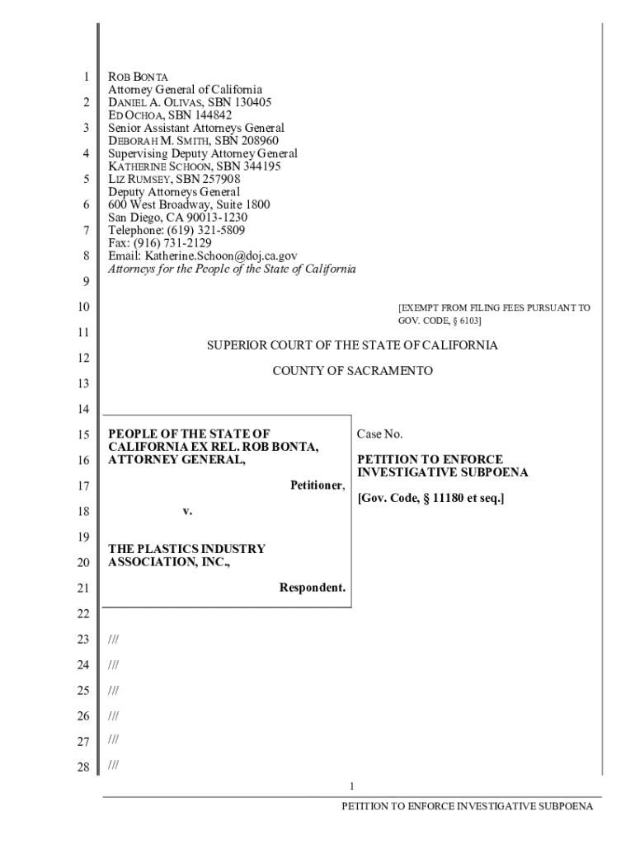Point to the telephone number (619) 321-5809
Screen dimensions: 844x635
pyautogui.click(x=204, y=230)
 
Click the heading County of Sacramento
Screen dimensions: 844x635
pyautogui.click(x=352, y=372)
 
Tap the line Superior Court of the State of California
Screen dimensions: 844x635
pyautogui.click(x=352, y=345)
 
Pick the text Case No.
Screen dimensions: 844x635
pyautogui.click(x=379, y=434)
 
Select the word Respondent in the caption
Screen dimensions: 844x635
pyautogui.click(x=311, y=588)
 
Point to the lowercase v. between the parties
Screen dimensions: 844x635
pyautogui.click(x=187, y=511)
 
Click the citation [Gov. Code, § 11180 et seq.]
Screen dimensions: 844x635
pyautogui.click(x=430, y=499)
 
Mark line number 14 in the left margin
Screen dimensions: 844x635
pyautogui.click(x=82, y=410)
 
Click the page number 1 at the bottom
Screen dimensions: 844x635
pyautogui.click(x=352, y=785)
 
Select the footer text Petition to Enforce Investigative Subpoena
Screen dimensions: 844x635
pyautogui.click(x=468, y=807)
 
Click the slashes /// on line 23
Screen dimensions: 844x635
pyautogui.click(x=113, y=639)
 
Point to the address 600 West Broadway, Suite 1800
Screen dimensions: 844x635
pyautogui.click(x=189, y=204)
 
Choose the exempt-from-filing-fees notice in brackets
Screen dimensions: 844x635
pyautogui.click(x=493, y=313)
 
